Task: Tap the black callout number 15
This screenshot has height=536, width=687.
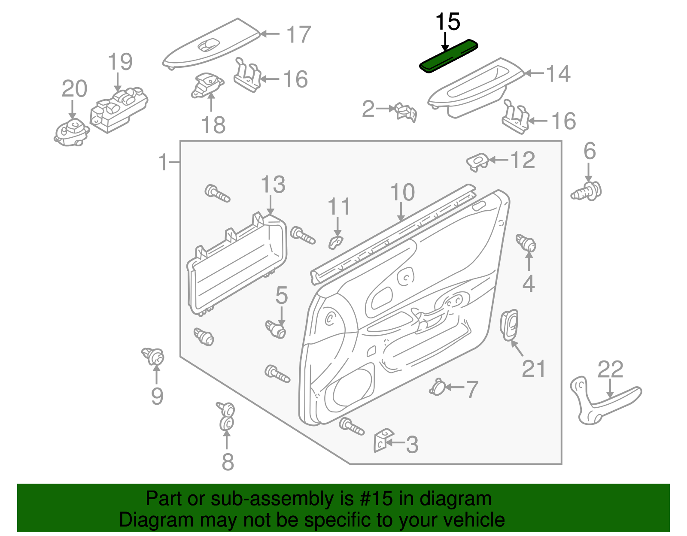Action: pyautogui.click(x=447, y=22)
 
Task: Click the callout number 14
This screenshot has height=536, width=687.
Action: pyautogui.click(x=558, y=74)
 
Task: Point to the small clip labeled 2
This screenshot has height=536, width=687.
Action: pyautogui.click(x=406, y=112)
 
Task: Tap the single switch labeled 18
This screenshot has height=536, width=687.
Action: pyautogui.click(x=207, y=85)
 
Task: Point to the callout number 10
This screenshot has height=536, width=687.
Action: pyautogui.click(x=402, y=192)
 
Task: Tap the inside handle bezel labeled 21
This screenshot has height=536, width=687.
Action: pyautogui.click(x=509, y=324)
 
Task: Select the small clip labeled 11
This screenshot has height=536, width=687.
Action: pyautogui.click(x=336, y=242)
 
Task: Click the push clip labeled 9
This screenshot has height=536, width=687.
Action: pyautogui.click(x=154, y=356)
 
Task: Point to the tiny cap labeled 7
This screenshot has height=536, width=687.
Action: pyautogui.click(x=437, y=387)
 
